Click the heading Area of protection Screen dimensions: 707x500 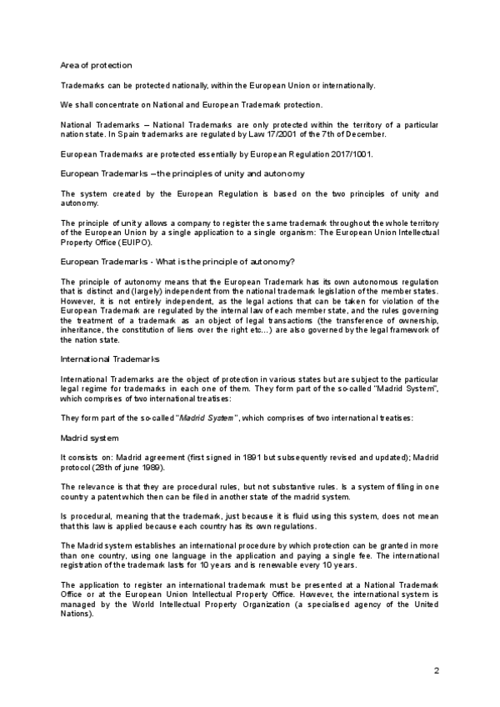point(96,65)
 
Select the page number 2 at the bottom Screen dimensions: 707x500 point(436,671)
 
